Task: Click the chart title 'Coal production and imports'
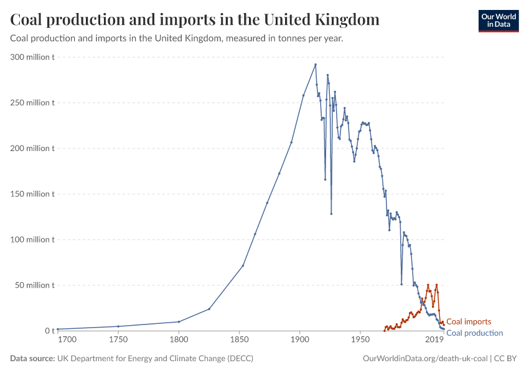pos(195,20)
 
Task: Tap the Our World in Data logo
pos(498,20)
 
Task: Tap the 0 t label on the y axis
pos(50,331)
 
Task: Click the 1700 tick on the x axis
pos(67,341)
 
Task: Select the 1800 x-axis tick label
pos(179,341)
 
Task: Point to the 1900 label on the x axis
pos(300,341)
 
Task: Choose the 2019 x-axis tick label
pos(434,341)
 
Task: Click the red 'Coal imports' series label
pos(469,322)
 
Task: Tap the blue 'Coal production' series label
pos(475,333)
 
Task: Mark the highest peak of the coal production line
pos(316,64)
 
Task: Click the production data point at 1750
pos(118,326)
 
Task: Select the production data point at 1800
pos(179,321)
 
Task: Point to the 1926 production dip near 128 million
pos(331,214)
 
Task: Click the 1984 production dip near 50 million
pos(401,284)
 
